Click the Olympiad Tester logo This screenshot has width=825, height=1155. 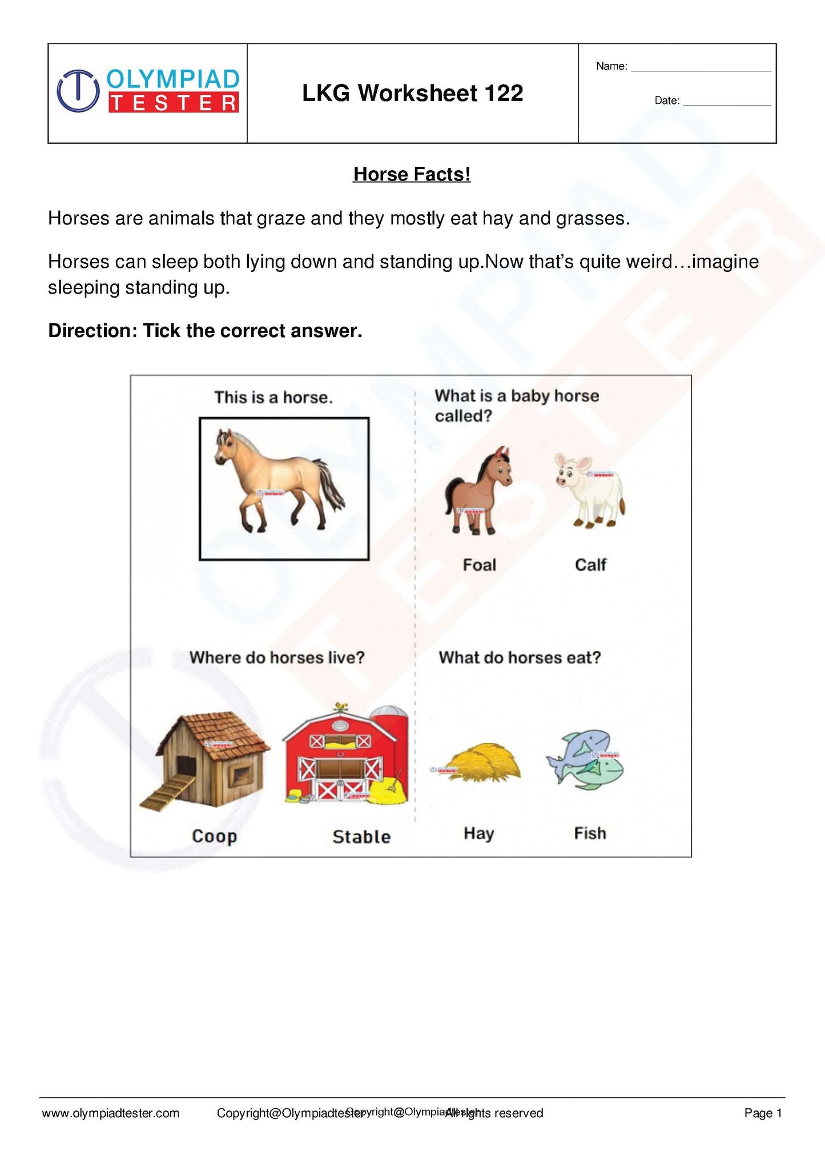coord(148,91)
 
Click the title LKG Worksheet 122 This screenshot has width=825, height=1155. coord(412,93)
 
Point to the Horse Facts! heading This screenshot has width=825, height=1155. coord(412,174)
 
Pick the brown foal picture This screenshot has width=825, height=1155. coord(478,491)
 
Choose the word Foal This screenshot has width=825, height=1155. coord(479,565)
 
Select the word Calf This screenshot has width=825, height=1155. coord(590,565)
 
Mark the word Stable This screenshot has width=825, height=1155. coord(361,837)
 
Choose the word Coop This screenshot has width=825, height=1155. coord(214,836)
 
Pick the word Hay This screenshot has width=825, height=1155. coord(478,833)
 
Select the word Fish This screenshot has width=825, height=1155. coord(590,833)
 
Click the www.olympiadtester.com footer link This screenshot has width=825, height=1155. coord(111,1113)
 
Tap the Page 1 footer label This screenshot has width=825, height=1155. coord(763,1113)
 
